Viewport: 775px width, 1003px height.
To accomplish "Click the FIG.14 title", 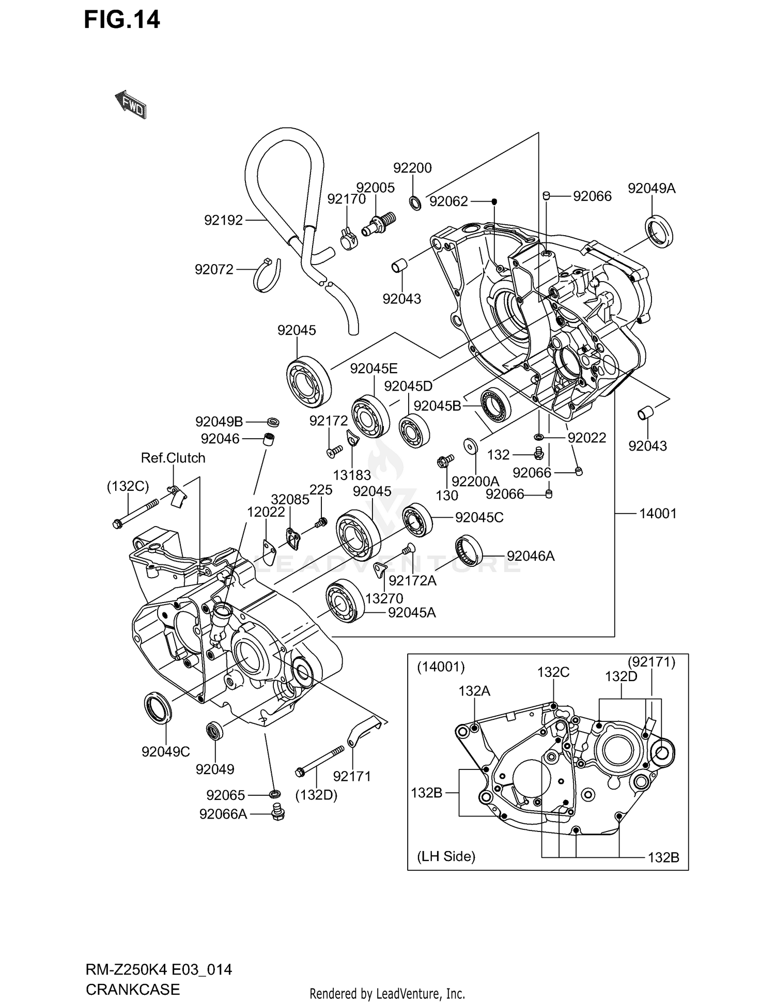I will click(x=122, y=20).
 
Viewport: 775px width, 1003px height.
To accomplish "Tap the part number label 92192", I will click(x=223, y=221).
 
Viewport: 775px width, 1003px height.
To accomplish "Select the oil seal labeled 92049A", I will click(x=660, y=229).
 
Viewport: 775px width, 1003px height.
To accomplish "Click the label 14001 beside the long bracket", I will click(x=657, y=513).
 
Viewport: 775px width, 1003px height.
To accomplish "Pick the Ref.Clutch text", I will click(x=173, y=458).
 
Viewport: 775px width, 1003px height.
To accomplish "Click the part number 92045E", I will click(x=374, y=368).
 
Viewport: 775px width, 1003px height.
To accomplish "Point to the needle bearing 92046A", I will click(x=469, y=552).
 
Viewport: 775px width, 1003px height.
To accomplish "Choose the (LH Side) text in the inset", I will click(x=446, y=856).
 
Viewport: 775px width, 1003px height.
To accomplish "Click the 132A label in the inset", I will click(x=474, y=691).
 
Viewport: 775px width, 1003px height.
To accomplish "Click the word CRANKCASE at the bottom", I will click(x=133, y=989).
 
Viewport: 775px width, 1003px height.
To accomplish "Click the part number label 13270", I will click(x=384, y=598).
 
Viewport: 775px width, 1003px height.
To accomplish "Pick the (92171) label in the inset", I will click(x=652, y=662).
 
